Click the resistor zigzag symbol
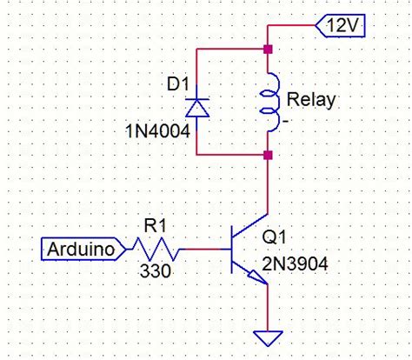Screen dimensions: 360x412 (x=155, y=251)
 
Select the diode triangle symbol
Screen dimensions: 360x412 (x=198, y=107)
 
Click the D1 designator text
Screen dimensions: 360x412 (x=177, y=85)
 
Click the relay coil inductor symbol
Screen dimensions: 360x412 (x=270, y=102)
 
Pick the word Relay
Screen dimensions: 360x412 (x=310, y=101)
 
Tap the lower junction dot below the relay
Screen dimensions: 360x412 (x=267, y=156)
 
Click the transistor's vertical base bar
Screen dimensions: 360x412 (x=233, y=251)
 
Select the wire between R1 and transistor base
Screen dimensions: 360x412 (x=207, y=251)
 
